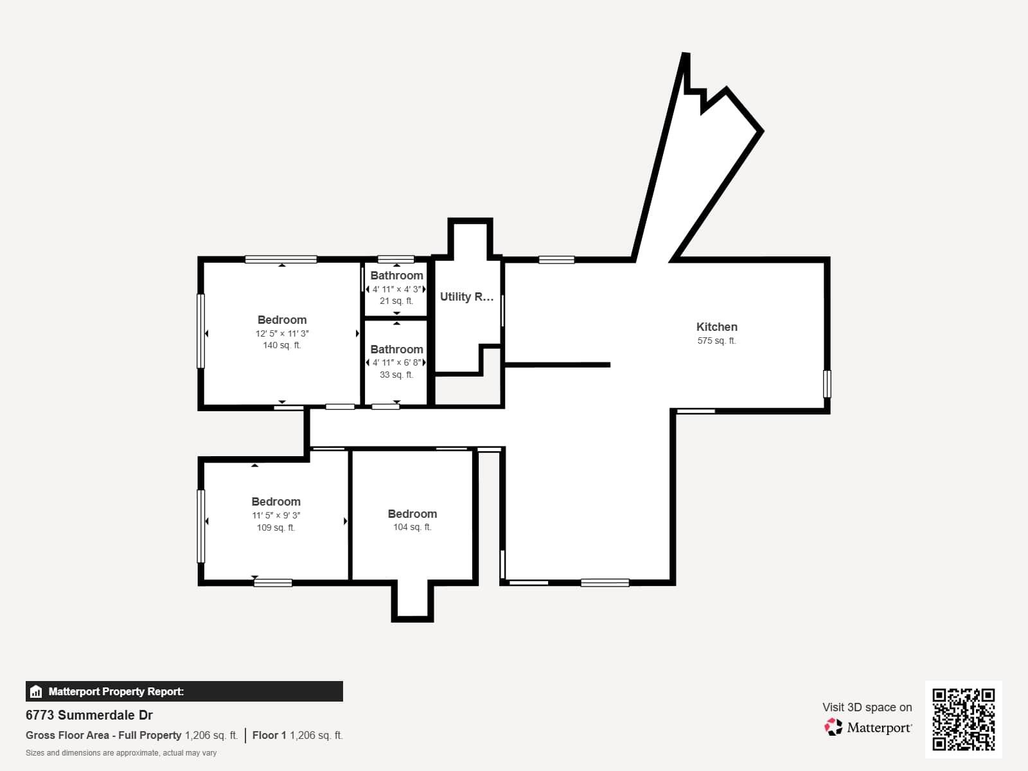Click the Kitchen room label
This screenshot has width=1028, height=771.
716,327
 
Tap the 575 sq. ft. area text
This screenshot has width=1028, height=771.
716,341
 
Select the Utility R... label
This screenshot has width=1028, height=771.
466,297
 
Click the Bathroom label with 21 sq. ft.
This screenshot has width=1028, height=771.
396,276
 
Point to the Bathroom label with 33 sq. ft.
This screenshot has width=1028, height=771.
396,350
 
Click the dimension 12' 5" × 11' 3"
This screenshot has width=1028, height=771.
282,333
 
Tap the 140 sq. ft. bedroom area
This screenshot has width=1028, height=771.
282,346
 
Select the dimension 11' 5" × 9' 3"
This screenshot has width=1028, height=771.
276,515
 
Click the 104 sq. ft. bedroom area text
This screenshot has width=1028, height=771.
412,527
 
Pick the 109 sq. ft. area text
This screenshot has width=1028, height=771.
276,528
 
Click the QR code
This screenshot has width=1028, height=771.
963,719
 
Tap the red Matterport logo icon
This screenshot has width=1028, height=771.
833,727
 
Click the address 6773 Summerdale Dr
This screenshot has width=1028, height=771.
89,715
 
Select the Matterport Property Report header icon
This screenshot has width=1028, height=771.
36,692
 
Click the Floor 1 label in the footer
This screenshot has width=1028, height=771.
269,736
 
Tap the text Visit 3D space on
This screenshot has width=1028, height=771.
867,707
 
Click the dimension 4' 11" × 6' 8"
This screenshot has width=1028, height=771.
396,363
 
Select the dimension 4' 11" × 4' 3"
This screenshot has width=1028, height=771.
396,289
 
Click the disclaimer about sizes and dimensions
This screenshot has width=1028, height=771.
121,753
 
